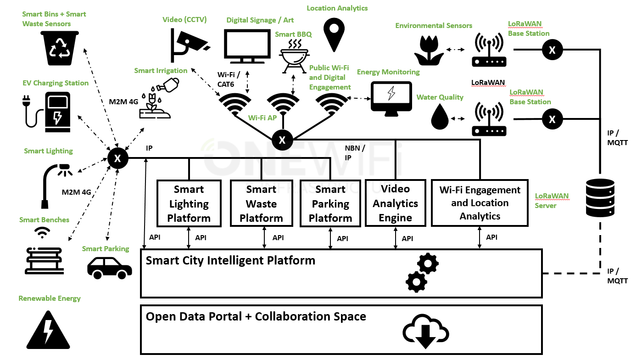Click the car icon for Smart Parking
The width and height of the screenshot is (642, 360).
pos(109,267)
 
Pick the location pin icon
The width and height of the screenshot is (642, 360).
pos(334,34)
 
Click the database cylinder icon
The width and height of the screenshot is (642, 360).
pos(600,198)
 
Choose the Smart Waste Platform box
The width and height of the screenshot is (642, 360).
pos(261,203)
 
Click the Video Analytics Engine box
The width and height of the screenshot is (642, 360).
pos(395,203)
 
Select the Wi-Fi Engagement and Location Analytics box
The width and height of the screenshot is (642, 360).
pos(480,203)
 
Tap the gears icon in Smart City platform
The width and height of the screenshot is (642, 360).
pos(422,272)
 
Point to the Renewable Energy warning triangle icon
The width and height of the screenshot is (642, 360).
pos(46,330)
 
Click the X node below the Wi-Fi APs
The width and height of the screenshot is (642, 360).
pos(282,140)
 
